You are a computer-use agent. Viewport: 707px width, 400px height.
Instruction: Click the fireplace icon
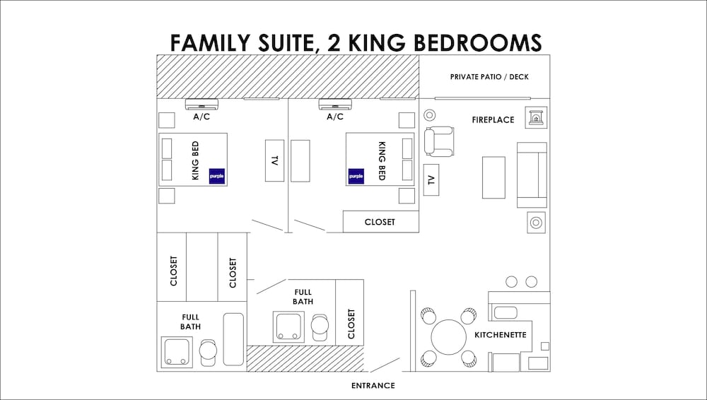[536, 117]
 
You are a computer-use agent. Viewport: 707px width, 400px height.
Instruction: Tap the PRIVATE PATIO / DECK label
[489, 76]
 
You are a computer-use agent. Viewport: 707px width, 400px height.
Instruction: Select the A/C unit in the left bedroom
[201, 104]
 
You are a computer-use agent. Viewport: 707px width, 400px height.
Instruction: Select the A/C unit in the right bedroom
[335, 104]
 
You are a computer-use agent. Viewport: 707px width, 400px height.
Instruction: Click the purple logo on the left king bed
[217, 176]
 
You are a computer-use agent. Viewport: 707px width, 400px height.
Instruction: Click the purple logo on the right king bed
[356, 176]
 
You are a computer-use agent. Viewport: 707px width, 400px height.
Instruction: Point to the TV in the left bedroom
[274, 160]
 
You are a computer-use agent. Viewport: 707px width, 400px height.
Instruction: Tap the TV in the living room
[431, 180]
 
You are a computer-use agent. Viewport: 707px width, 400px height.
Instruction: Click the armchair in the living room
[439, 141]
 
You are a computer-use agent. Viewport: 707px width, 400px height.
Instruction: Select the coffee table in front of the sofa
[493, 177]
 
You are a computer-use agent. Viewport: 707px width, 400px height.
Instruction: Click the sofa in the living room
[532, 175]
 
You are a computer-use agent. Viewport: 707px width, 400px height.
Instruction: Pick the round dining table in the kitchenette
[449, 337]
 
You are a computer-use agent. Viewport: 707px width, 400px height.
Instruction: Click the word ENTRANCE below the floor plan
[373, 386]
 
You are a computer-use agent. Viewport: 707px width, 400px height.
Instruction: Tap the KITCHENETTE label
[501, 335]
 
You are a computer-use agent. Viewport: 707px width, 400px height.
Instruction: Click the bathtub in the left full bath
[233, 339]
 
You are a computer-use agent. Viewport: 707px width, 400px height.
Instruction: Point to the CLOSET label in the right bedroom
[380, 222]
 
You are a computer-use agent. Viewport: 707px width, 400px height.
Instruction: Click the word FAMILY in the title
[210, 43]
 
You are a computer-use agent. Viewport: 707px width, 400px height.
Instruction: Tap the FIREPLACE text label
[493, 120]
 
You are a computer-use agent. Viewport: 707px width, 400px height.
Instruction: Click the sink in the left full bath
[177, 352]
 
